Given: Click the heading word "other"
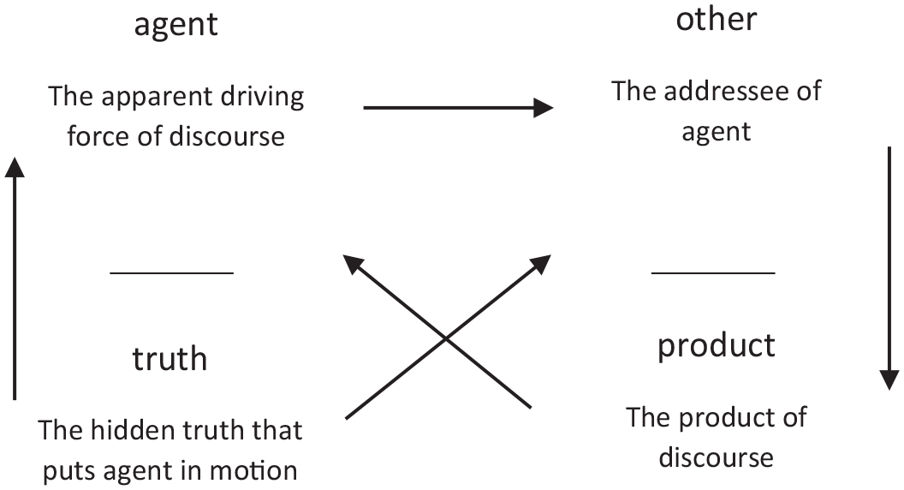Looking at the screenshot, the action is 716,19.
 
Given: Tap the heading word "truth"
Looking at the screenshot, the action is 169,358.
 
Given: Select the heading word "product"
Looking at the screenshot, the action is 716,346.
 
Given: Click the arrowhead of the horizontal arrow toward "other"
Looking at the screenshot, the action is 543,107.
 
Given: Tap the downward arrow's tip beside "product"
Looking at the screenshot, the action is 889,389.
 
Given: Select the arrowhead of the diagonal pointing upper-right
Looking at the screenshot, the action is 550,256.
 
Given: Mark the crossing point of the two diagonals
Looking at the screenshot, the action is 446,339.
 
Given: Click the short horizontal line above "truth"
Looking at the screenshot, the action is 172,272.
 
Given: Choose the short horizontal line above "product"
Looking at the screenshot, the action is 713,272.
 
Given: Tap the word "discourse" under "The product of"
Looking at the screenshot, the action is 716,457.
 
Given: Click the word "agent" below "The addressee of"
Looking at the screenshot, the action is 716,133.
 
